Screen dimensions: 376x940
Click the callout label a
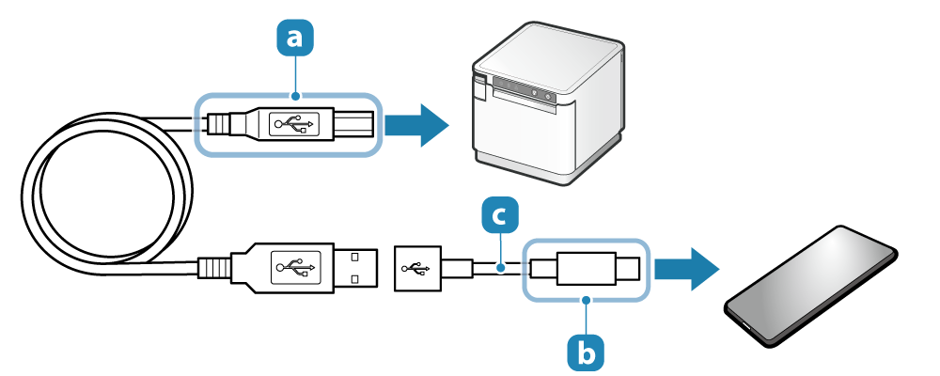pos(295,38)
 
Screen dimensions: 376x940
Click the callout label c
pos(499,215)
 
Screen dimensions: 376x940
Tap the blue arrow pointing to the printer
pos(418,123)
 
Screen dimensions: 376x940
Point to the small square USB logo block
pos(415,269)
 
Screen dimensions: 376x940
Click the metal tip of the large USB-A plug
pos(356,269)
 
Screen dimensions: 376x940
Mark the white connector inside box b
pos(585,269)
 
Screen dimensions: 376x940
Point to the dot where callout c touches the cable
pos(500,269)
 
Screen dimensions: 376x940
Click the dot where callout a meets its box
pos(296,94)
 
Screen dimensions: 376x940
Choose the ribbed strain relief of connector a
pos(218,123)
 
